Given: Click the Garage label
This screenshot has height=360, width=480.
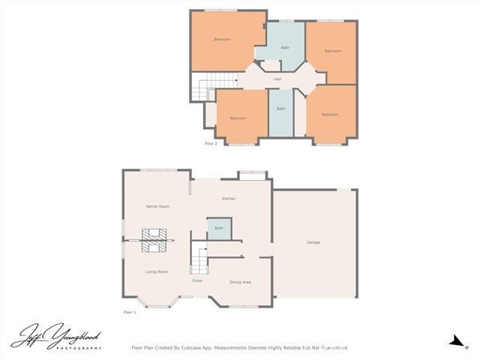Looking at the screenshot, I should [313, 242].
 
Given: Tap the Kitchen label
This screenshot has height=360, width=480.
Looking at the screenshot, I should [229, 199].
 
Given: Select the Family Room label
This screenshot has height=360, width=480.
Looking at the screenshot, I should [157, 206].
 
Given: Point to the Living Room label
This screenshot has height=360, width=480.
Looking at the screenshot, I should [157, 271].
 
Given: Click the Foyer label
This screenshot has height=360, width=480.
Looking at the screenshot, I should [197, 280].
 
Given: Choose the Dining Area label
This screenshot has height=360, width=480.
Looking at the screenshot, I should [240, 282].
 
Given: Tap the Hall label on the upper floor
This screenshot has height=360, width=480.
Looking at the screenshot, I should [277, 79].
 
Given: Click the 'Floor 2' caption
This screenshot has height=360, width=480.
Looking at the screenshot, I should [211, 142].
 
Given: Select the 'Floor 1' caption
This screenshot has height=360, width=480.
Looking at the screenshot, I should [130, 311].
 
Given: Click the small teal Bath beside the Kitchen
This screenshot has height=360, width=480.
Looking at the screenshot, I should [219, 228].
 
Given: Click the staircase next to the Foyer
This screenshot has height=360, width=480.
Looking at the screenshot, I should [198, 259].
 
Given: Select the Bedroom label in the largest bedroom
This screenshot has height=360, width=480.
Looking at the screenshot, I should [222, 39].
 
